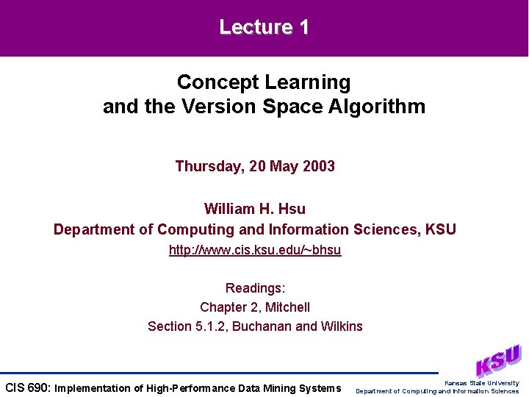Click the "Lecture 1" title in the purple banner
tap(264, 28)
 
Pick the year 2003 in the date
tap(317, 166)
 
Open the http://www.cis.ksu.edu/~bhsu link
tap(255, 250)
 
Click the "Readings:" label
tap(255, 287)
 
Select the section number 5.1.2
tap(209, 326)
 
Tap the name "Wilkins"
tap(341, 326)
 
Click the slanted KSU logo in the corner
tap(497, 361)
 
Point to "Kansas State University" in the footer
tap(481, 383)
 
